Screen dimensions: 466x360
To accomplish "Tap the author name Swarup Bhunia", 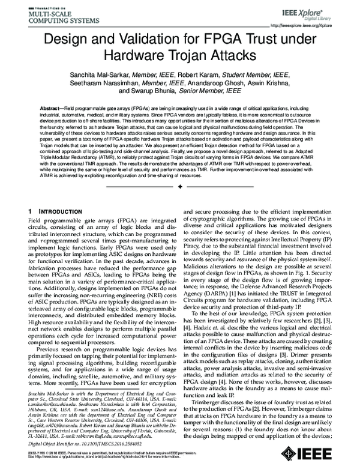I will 154,91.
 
